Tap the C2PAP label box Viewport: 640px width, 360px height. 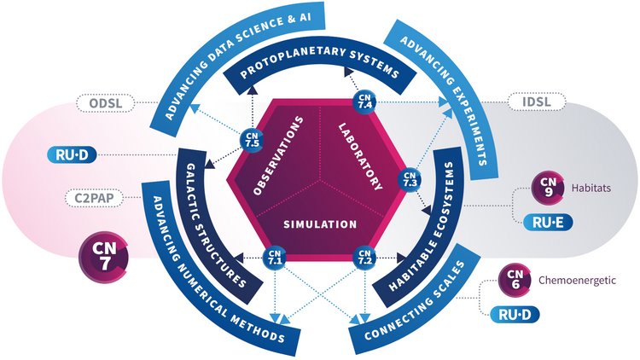pos(93,199)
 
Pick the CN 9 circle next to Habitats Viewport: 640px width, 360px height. pos(546,187)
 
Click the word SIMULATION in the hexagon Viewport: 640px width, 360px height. pos(320,224)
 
